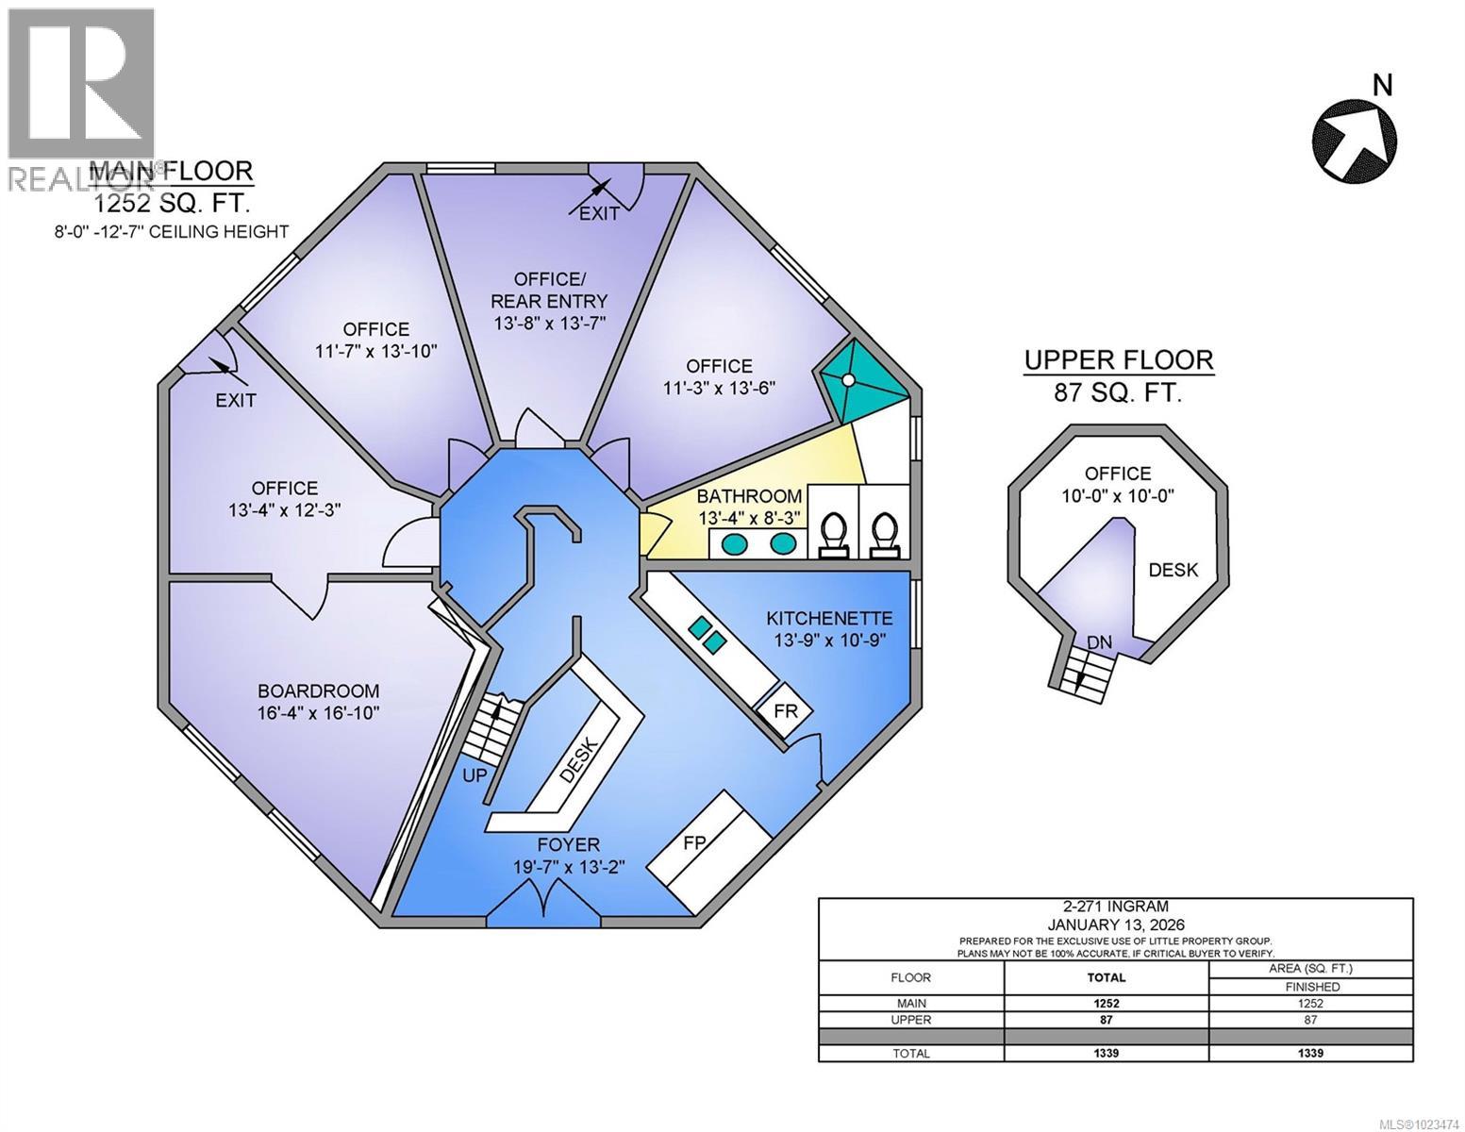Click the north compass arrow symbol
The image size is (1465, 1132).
(x=1355, y=140)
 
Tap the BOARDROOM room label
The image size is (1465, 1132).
(x=306, y=691)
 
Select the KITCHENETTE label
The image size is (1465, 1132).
(x=829, y=619)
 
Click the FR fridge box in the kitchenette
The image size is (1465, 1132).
(x=786, y=711)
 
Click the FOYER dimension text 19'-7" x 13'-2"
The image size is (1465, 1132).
(x=569, y=866)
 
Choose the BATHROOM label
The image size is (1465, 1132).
(x=750, y=496)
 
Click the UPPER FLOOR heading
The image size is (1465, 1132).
(x=1119, y=360)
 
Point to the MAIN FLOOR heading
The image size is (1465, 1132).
(x=172, y=171)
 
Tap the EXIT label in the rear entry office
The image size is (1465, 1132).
(x=599, y=213)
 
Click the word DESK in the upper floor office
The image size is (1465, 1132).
(x=1174, y=569)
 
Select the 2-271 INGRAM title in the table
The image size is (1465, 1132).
(x=1116, y=909)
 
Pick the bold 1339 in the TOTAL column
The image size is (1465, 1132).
(x=1107, y=1053)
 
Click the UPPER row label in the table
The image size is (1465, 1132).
(x=911, y=1020)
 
